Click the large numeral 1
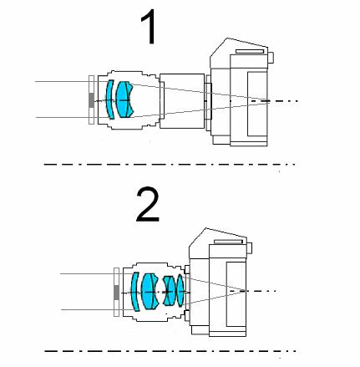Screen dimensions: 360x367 point(150,27)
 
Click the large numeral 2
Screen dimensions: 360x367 point(148,204)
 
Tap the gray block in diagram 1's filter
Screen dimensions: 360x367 point(91,100)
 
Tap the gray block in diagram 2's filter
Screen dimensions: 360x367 point(117,293)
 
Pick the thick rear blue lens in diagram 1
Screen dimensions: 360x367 point(124,99)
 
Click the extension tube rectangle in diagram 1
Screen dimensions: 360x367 point(182,101)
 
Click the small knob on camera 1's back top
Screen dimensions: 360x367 point(271,58)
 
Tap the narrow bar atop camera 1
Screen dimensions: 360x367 point(250,51)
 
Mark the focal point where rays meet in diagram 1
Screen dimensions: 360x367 point(266,100)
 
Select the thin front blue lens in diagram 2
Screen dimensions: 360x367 point(134,292)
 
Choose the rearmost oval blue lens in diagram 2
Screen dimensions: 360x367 point(180,291)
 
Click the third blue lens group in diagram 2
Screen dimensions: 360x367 point(170,291)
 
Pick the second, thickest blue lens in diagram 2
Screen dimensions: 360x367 point(150,291)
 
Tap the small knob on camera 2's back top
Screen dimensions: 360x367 point(250,247)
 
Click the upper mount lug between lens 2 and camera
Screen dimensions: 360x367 point(187,269)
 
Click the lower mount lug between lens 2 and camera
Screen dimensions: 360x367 point(187,315)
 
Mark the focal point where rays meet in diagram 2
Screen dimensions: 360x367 point(243,291)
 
